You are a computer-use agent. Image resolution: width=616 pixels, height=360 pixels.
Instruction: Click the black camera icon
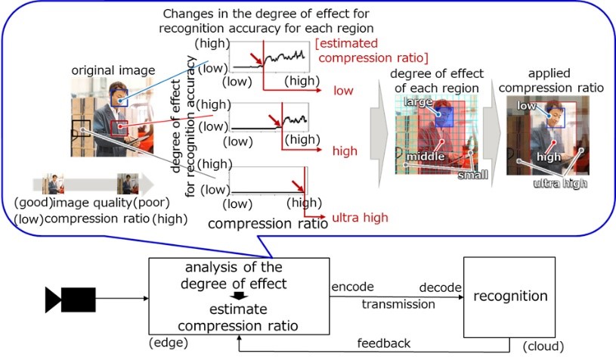pos(70,299)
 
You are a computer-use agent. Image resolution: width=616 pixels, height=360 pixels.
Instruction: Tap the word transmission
pos(398,304)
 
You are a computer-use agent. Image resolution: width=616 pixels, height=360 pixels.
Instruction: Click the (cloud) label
pos(543,346)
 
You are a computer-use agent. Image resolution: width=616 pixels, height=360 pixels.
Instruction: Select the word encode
pos(348,288)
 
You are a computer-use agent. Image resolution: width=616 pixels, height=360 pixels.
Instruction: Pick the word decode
pos(438,288)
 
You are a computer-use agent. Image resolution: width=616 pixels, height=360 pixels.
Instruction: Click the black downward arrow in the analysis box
pos(239,295)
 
